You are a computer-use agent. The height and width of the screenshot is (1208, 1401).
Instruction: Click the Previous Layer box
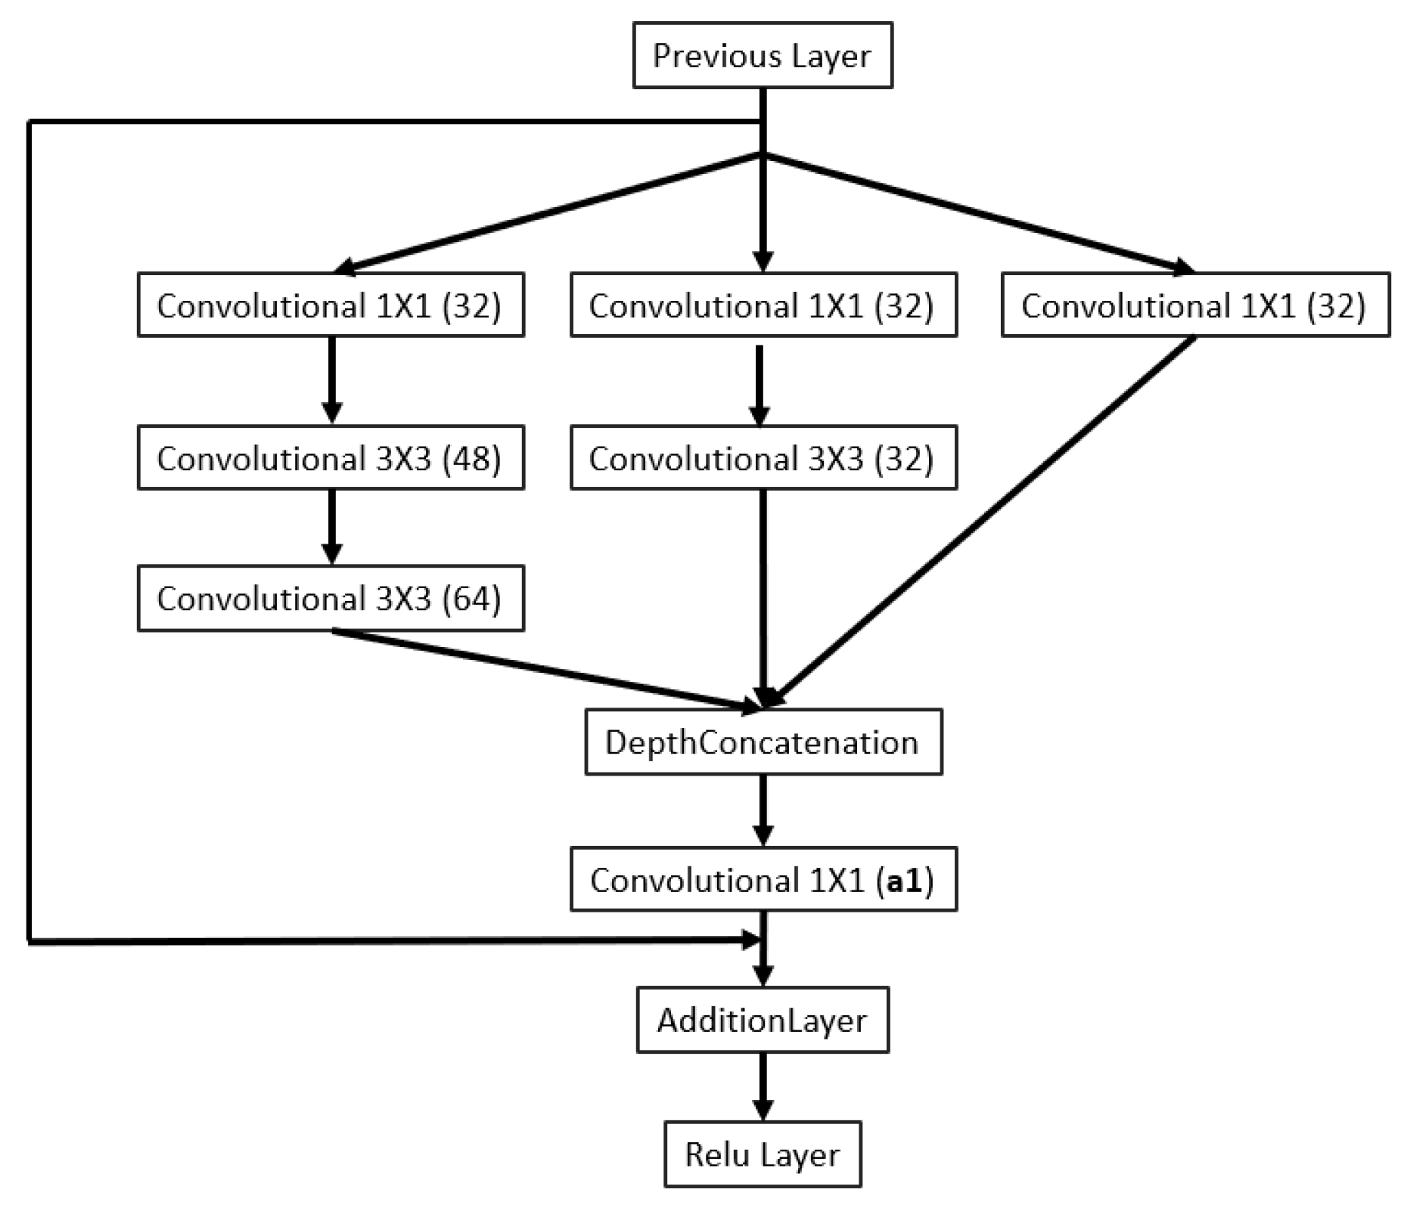(762, 55)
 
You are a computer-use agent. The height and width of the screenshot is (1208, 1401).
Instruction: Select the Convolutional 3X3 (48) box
(330, 457)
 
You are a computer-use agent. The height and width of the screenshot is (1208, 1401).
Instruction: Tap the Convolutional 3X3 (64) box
(330, 598)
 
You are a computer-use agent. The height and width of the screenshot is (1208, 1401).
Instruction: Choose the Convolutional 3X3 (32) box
(763, 457)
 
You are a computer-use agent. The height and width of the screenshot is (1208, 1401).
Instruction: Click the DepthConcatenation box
(763, 742)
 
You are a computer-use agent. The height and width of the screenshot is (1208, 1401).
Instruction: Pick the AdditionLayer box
(762, 1020)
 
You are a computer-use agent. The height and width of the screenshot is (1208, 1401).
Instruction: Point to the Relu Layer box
(762, 1154)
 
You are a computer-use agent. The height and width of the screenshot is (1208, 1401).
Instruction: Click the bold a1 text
(904, 881)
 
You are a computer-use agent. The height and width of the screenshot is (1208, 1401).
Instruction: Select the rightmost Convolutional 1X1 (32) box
(1194, 305)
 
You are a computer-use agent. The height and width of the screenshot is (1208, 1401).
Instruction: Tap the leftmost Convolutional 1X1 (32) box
(330, 305)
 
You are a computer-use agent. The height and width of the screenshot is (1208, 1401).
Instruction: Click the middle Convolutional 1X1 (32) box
(763, 305)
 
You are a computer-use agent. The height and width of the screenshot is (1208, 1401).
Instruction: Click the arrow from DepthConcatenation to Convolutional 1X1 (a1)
(763, 809)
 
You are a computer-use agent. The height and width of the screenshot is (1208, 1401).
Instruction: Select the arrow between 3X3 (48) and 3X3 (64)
(331, 525)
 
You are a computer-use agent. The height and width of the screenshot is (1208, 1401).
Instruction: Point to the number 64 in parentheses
(471, 599)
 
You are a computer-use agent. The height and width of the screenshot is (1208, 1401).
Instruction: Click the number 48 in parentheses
(471, 458)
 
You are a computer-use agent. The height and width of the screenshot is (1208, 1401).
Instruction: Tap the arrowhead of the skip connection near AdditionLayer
(750, 940)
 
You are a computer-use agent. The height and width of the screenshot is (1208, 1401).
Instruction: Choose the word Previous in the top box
(706, 56)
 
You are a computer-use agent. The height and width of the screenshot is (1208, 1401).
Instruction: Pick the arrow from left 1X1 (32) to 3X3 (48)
(331, 378)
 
